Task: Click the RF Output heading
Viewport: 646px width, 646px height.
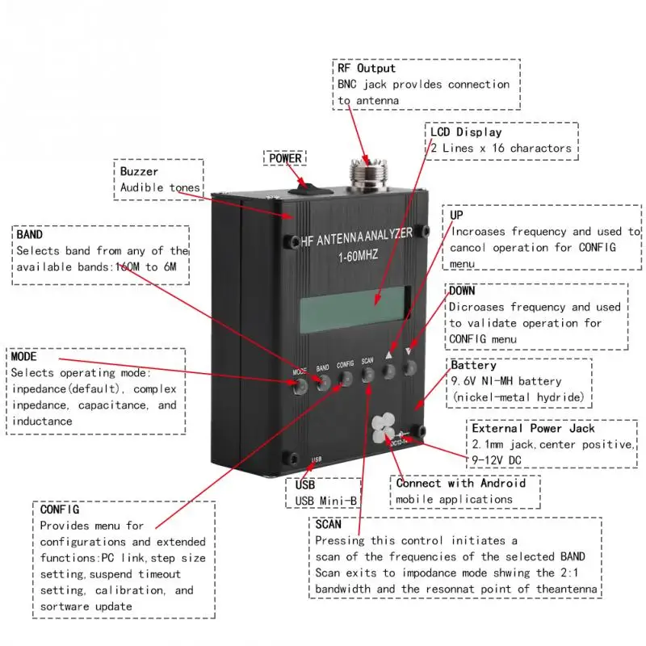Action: [x=367, y=69]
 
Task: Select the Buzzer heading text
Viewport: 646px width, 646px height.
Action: [x=139, y=171]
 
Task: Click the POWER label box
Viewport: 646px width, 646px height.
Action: [x=285, y=158]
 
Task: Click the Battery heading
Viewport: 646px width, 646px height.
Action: [x=473, y=366]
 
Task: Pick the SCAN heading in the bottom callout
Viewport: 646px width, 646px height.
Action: [x=329, y=523]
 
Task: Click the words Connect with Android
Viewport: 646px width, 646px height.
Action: [x=460, y=483]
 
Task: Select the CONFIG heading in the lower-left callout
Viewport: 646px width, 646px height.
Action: [x=60, y=510]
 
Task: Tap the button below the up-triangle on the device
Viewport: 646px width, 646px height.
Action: [x=389, y=371]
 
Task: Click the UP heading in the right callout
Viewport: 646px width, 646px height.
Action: [x=457, y=216]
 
